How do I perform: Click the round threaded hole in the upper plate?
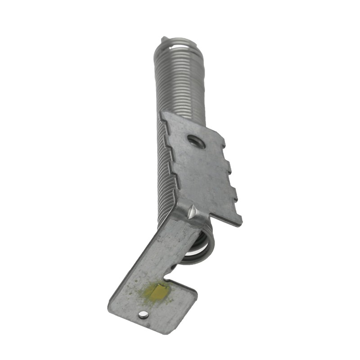197,142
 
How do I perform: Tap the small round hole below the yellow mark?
143,314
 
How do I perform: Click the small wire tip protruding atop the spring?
163,41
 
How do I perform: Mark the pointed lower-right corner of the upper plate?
240,224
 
